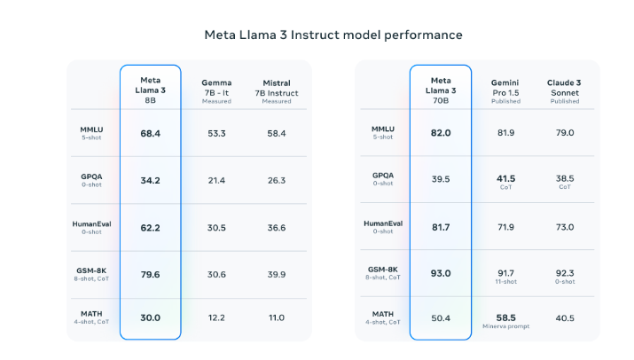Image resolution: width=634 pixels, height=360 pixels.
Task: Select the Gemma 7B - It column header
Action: coord(216,90)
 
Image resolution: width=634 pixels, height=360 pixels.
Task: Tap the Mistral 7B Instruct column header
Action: coord(277,90)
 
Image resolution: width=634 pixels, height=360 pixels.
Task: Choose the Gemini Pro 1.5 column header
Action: coord(505,90)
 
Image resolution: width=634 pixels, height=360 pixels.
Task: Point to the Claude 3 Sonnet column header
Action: coord(565,90)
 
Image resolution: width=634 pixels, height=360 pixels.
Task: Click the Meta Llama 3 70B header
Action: coord(440,90)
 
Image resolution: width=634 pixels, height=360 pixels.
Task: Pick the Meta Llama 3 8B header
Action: coord(151,90)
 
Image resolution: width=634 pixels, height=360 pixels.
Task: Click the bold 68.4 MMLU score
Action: coord(151,133)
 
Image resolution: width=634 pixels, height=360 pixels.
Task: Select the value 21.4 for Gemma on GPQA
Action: coord(216,180)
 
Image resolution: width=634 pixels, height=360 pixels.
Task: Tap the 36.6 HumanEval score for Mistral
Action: coord(277,227)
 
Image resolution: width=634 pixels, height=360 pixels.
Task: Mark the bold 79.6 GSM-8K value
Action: coord(151,274)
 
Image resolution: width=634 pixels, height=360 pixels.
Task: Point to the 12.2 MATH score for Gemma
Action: coord(216,317)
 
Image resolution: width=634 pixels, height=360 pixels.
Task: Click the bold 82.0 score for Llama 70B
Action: coord(441,133)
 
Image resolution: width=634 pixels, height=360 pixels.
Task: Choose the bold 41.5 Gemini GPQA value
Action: coord(505,177)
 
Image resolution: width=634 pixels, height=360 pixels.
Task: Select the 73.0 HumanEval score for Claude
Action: coord(565,227)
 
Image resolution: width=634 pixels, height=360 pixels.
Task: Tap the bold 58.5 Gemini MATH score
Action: coord(505,316)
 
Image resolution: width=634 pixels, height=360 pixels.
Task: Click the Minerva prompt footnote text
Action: coord(505,325)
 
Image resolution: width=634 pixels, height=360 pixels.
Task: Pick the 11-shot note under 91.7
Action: coord(505,281)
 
